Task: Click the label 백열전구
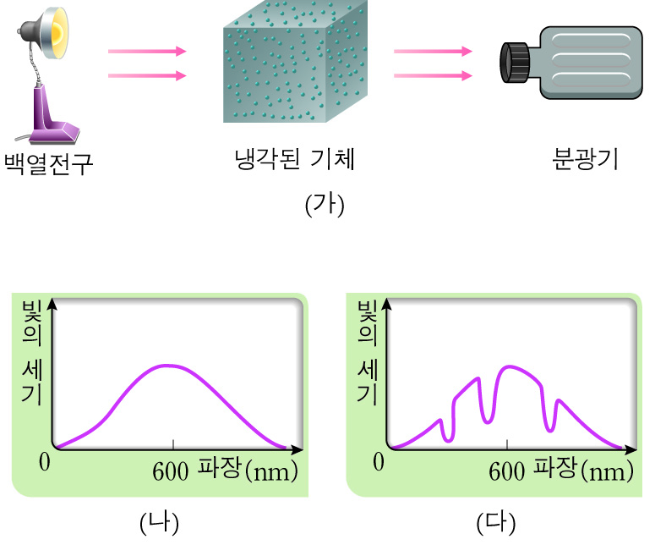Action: [48, 163]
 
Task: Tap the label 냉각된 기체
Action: [293, 159]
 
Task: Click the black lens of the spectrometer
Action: [515, 63]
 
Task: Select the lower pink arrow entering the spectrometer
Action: [433, 76]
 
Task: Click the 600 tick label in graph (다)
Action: [507, 470]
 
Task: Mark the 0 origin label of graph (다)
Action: [379, 461]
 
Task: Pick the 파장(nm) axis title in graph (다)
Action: [583, 470]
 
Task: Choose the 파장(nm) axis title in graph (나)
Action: [248, 470]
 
